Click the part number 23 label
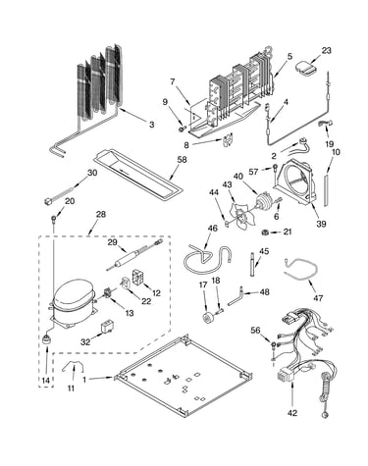click(326, 51)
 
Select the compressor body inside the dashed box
click(73, 301)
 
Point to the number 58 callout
click(182, 160)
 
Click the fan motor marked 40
click(263, 200)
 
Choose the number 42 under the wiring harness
click(292, 413)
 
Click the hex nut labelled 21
click(265, 233)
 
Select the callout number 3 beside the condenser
click(151, 125)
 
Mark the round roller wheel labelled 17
click(207, 319)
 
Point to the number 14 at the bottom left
click(46, 381)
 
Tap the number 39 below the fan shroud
click(321, 224)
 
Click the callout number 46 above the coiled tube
click(213, 229)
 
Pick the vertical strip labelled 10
click(326, 190)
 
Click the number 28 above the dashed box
click(101, 215)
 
